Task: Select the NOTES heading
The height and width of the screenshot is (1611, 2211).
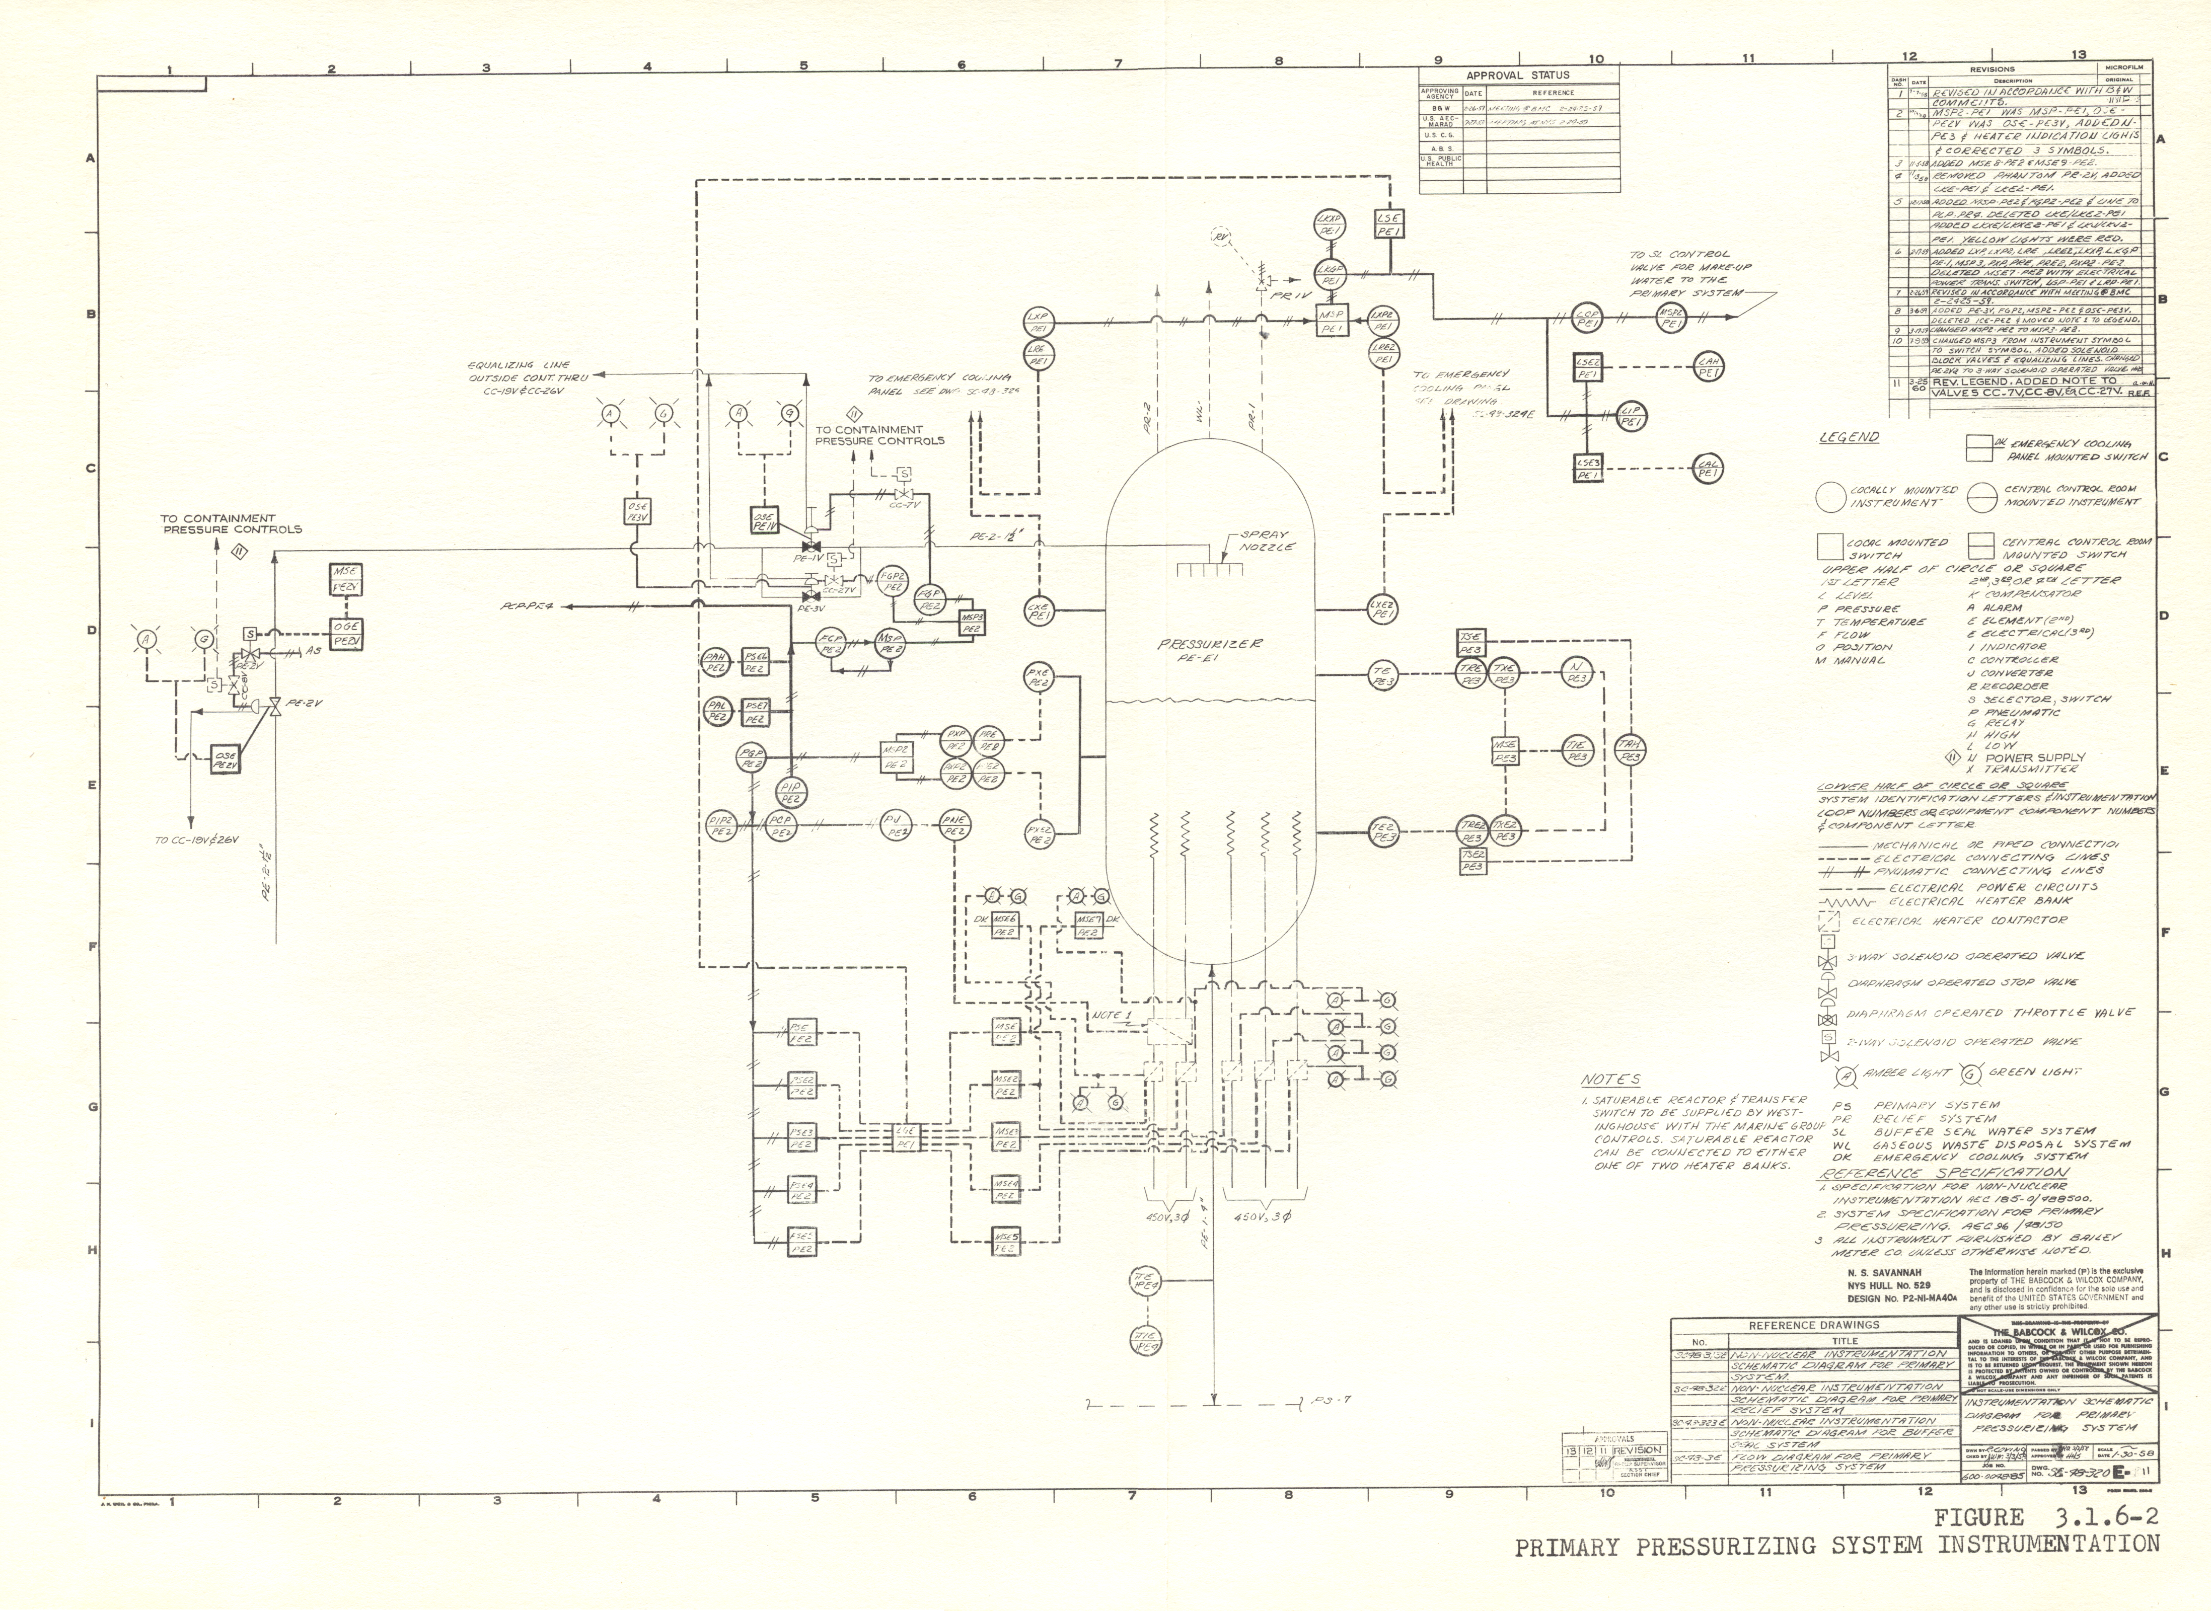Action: (1610, 1080)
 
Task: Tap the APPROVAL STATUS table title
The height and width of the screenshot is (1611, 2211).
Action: (1518, 75)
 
